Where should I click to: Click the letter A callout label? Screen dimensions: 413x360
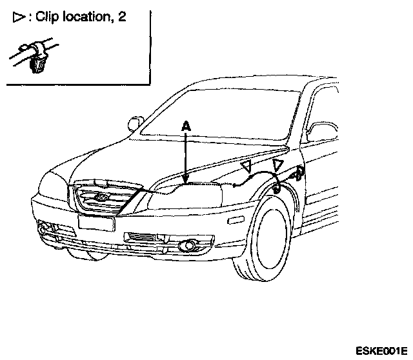(x=186, y=128)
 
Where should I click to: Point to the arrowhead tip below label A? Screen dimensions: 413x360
(x=186, y=183)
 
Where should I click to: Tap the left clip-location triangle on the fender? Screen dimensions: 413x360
(x=246, y=168)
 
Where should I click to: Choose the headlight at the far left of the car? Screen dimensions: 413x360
(x=50, y=188)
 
